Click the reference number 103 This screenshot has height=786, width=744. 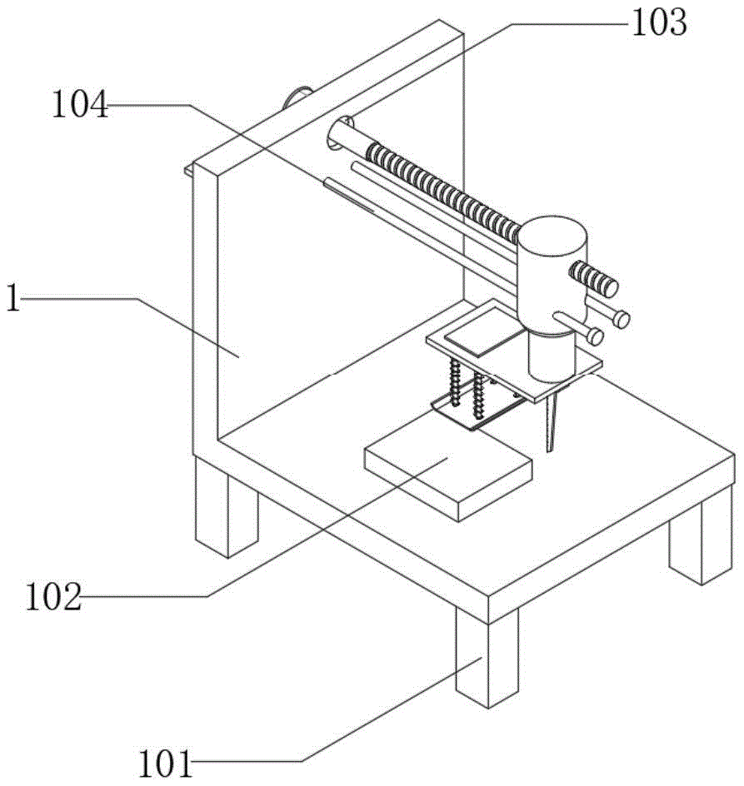[659, 23]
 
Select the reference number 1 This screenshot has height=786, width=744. [13, 298]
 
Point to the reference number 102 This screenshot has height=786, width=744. [53, 596]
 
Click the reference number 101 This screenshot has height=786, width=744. [166, 764]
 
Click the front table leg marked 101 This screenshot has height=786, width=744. [487, 657]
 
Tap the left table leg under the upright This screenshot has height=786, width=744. [226, 507]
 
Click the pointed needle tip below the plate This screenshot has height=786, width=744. [551, 451]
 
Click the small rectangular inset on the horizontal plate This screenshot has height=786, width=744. [483, 333]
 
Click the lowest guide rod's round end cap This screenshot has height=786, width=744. [595, 336]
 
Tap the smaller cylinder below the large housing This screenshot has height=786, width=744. [551, 356]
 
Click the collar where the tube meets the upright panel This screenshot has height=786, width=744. [339, 133]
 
